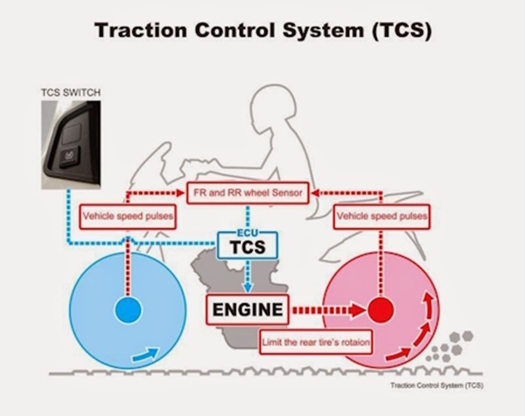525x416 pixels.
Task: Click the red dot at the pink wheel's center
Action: (x=380, y=309)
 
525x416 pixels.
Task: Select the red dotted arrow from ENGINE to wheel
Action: (x=326, y=308)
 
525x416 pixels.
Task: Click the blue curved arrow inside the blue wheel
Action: (x=146, y=355)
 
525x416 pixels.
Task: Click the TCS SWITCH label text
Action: (x=69, y=91)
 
